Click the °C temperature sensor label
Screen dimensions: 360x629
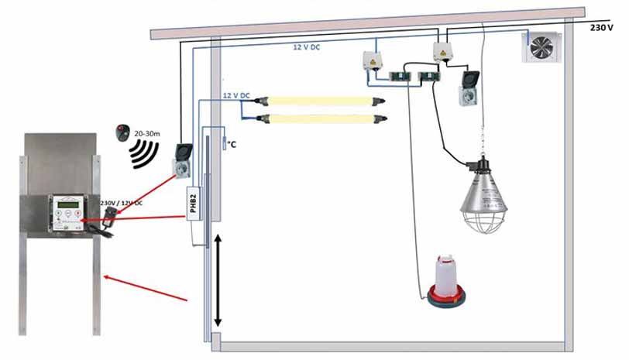click(231, 143)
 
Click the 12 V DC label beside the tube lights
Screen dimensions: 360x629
click(236, 95)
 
